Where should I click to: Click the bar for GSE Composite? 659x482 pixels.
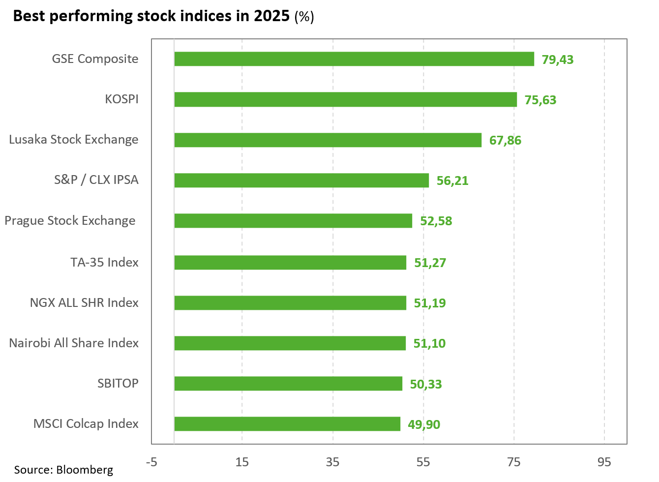(x=354, y=59)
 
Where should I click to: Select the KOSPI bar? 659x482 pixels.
(x=345, y=99)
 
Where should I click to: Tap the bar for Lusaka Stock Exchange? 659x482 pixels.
(x=328, y=140)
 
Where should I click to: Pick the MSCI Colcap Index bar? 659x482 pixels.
(x=287, y=424)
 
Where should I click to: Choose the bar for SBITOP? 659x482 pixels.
(x=288, y=384)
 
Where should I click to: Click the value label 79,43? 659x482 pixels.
(x=558, y=60)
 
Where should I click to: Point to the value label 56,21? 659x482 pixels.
(x=452, y=181)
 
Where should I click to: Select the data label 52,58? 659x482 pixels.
(x=436, y=221)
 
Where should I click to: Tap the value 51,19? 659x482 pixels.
(x=430, y=303)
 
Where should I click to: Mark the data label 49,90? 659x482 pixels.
(x=424, y=424)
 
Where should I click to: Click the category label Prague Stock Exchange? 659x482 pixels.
(x=70, y=220)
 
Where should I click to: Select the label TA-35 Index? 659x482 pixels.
(x=104, y=262)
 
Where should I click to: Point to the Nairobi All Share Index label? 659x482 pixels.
(x=74, y=343)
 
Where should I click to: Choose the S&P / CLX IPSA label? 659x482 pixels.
(x=96, y=180)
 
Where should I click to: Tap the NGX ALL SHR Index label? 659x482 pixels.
(x=84, y=302)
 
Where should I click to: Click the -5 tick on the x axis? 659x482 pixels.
(x=151, y=462)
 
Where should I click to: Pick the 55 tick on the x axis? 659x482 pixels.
(x=423, y=462)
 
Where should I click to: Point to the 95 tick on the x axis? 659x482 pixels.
(x=604, y=462)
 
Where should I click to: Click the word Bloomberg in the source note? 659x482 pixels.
(x=85, y=470)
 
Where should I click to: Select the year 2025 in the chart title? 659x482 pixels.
(x=271, y=16)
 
